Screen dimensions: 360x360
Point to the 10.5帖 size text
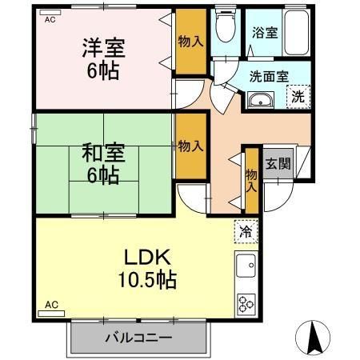(145, 281)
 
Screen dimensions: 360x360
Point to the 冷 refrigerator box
(243, 231)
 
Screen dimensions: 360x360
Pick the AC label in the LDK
(50, 305)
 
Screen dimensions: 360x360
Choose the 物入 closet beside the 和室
(190, 146)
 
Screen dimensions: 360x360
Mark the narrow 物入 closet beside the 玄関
(251, 179)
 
